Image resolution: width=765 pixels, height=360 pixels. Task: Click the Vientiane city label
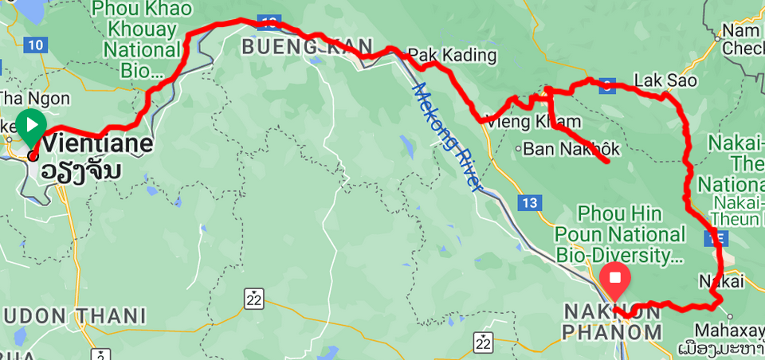click(98, 144)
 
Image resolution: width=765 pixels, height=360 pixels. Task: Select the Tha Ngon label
click(35, 99)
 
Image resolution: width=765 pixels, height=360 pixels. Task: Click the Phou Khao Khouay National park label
click(142, 39)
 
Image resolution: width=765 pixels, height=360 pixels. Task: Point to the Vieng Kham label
click(533, 122)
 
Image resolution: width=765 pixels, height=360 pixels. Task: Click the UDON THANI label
click(73, 316)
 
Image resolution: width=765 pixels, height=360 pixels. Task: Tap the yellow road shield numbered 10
click(34, 45)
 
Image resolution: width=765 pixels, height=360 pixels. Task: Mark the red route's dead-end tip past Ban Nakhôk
click(608, 162)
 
